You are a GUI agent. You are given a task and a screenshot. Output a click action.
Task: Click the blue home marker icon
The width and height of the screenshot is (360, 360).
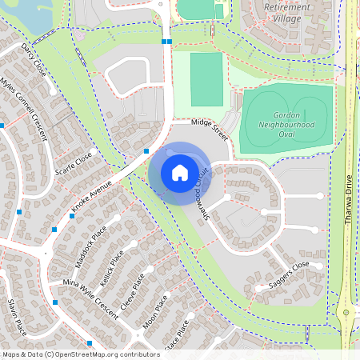[180, 173]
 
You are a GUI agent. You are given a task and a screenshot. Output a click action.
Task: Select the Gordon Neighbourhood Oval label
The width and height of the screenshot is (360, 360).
[285, 119]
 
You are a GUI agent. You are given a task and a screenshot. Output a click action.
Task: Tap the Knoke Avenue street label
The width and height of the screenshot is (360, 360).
[91, 194]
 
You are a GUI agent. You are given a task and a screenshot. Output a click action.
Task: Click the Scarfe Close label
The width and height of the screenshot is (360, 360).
[74, 162]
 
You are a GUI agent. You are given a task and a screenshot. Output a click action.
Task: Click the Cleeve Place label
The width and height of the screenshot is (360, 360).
[132, 292]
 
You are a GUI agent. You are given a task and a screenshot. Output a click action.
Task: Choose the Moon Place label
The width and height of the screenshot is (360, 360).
[155, 313]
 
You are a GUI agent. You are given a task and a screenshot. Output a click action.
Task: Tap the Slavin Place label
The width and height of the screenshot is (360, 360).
[17, 317]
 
